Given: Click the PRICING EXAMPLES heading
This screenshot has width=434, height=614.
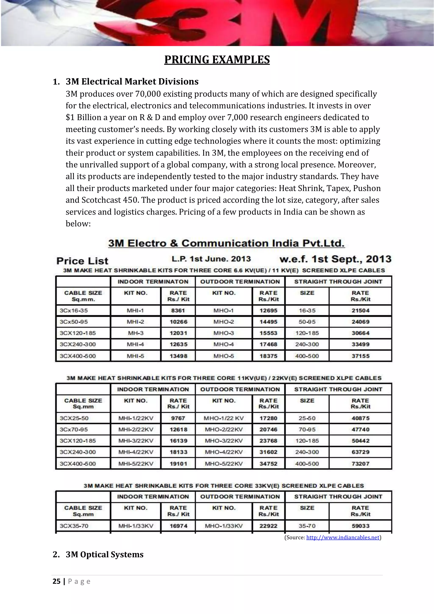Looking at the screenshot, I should [x=217, y=60].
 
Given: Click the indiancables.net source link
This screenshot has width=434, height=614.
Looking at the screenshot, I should [x=343, y=537].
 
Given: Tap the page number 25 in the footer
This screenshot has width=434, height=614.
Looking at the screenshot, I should [x=56, y=581].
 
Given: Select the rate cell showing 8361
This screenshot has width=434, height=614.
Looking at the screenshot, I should [x=178, y=310].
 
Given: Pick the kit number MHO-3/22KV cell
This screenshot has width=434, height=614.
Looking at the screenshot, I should [x=224, y=440].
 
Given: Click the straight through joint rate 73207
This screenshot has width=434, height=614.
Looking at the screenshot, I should [x=360, y=464].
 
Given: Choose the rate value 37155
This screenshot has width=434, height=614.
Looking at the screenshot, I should [x=360, y=356].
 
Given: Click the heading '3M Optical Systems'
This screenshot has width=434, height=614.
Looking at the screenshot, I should [x=104, y=554].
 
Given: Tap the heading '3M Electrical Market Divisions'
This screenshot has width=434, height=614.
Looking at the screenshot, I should [x=132, y=81].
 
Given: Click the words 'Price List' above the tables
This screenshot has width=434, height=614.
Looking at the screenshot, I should [x=82, y=261].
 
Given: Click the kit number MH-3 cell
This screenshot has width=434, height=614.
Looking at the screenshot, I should [x=136, y=333].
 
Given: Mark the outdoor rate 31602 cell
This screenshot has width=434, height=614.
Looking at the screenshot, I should [x=268, y=452].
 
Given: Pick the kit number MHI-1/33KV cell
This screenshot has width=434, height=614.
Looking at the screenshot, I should [x=136, y=526].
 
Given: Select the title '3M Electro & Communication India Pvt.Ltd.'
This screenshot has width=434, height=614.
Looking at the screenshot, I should [x=226, y=243].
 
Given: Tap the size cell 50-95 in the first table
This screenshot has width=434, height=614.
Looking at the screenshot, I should [x=307, y=322].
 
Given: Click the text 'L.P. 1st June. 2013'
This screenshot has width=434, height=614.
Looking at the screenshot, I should [x=211, y=259].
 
